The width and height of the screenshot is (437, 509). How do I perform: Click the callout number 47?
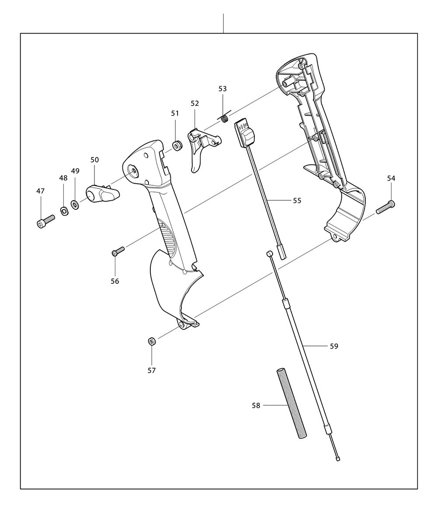click(x=40, y=191)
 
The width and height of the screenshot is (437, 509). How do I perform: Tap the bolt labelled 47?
click(x=45, y=221)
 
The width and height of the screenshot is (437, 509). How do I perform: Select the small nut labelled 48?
click(x=64, y=212)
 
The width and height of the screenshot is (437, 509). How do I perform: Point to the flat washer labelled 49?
click(x=75, y=203)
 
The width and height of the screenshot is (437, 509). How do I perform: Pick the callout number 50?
click(x=95, y=160)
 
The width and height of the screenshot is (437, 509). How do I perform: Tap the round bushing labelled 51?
click(x=177, y=145)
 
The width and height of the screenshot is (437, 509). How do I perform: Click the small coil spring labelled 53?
click(x=225, y=118)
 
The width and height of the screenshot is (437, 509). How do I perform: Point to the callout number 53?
click(x=222, y=89)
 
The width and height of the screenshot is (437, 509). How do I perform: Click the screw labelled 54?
click(x=385, y=206)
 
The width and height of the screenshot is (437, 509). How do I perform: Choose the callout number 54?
click(x=391, y=178)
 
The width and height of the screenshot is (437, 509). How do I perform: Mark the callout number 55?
click(x=297, y=201)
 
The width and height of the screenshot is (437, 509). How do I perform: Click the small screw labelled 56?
click(x=118, y=251)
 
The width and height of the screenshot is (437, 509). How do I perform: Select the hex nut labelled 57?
click(x=152, y=341)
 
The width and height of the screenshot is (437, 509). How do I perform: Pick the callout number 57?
click(x=152, y=370)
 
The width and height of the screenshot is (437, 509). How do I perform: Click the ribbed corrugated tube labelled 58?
click(x=291, y=403)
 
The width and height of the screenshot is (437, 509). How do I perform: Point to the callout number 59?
click(x=334, y=346)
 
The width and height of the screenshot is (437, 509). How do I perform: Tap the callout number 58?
click(x=256, y=405)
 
